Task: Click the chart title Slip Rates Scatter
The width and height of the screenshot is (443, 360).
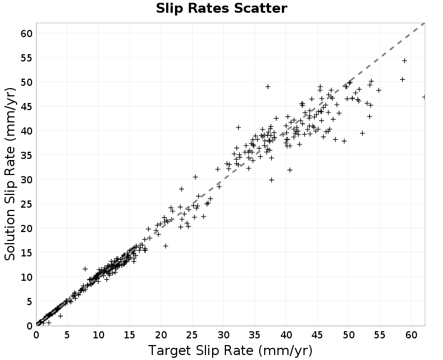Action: coord(221,8)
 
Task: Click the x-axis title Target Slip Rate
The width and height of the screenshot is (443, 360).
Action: coord(230,351)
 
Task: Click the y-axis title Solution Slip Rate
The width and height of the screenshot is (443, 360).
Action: coord(10,174)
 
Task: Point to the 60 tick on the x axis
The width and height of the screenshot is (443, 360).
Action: coord(411,335)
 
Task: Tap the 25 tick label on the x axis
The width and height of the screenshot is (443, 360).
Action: coord(192,335)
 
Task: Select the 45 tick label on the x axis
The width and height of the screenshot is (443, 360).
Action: coord(317,335)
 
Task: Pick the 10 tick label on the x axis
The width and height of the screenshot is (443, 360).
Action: coord(99,335)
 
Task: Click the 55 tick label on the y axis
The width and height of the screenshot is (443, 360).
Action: coord(27,58)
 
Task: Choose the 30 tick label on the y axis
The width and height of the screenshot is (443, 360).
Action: coord(27,179)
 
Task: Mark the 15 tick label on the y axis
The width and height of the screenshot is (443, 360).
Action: coord(27,253)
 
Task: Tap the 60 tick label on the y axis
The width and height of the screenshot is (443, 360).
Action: coord(27,34)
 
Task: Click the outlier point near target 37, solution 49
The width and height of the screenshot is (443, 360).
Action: coord(268,86)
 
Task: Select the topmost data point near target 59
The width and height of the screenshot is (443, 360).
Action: coord(405,60)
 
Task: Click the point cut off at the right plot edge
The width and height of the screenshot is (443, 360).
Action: coord(424,97)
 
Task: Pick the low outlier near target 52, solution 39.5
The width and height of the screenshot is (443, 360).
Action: coord(362,133)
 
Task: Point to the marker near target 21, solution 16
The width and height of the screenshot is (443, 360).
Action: coord(166,246)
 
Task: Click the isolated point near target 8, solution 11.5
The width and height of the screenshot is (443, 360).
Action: coord(85,269)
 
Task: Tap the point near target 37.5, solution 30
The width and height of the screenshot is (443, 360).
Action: coord(271,179)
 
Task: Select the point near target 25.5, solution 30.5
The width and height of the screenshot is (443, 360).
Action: coord(195,177)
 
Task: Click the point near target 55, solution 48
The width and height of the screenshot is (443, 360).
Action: coord(379,90)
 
